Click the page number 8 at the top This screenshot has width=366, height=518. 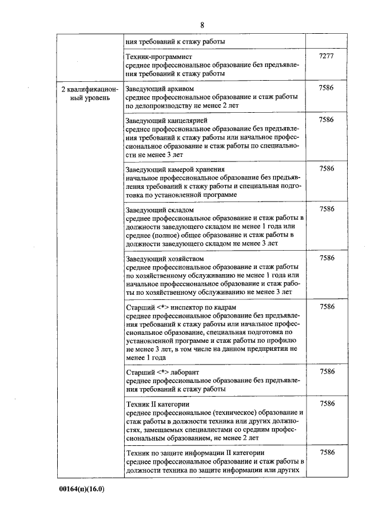point(202,25)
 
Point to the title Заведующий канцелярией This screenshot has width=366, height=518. point(166,121)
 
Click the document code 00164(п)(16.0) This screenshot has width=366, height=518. point(82,489)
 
